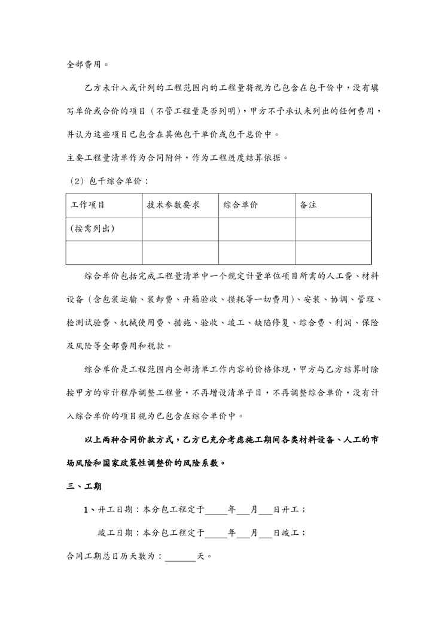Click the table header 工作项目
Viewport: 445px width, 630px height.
tap(88, 205)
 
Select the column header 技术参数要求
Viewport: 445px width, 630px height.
tap(173, 205)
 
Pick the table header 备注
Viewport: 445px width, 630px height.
tap(308, 205)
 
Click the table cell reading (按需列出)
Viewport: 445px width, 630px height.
tap(92, 228)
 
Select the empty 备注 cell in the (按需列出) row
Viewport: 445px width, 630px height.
tap(333, 228)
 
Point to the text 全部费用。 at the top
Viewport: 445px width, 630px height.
tap(87, 63)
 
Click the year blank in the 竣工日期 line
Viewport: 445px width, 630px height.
tap(216, 532)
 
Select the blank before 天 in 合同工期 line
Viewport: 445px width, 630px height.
tap(180, 556)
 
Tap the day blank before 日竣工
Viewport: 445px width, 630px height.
tap(266, 532)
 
